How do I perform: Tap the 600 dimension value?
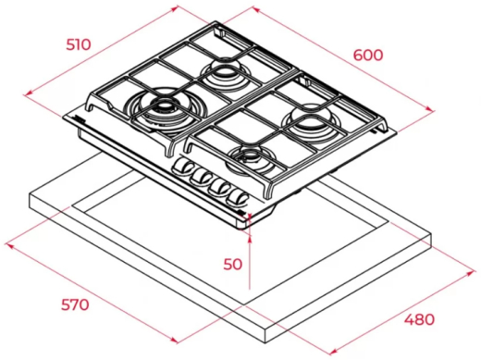[x=367, y=55]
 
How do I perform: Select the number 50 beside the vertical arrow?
[x=232, y=264]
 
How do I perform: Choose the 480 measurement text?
[x=419, y=319]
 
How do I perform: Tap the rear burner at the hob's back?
[x=223, y=72]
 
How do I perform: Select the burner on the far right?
[x=310, y=118]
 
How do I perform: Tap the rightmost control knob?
[x=240, y=196]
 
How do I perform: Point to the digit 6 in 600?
[x=357, y=55]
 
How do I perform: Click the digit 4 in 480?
[x=408, y=319]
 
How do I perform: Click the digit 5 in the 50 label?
[x=227, y=264]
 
